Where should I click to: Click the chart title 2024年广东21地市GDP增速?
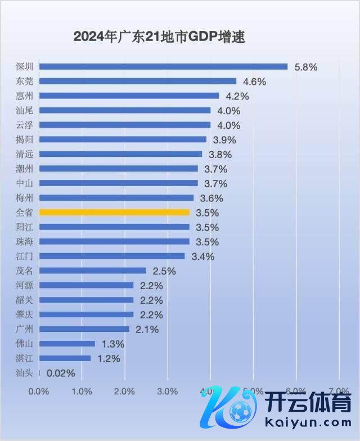click(x=160, y=37)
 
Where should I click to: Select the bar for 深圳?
click(x=163, y=66)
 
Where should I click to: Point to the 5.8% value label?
click(x=305, y=67)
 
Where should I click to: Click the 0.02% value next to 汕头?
click(x=61, y=373)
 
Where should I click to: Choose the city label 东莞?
click(x=25, y=81)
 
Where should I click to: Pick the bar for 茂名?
click(x=93, y=271)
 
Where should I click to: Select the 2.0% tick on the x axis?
click(x=125, y=391)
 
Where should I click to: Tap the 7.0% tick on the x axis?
click(x=339, y=391)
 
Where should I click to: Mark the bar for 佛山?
click(x=67, y=344)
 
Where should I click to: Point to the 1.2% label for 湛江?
click(x=109, y=358)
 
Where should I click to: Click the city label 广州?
click(x=25, y=329)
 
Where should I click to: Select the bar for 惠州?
click(x=129, y=96)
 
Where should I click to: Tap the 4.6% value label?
click(x=254, y=82)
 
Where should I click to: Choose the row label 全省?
click(x=25, y=213)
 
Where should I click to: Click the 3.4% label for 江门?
click(x=202, y=256)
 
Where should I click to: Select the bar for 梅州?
click(x=116, y=198)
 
